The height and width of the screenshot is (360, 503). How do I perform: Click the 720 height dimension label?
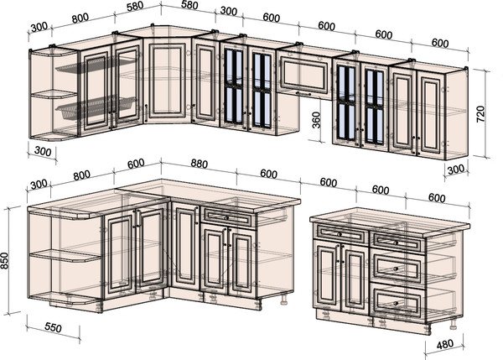[x=480, y=113]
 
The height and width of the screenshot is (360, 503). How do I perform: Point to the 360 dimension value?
[x=316, y=120]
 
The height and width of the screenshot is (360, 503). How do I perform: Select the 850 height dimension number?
[x=5, y=261]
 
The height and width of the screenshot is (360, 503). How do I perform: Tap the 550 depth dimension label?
[x=53, y=327]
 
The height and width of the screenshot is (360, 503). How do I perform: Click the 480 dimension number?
[x=445, y=344]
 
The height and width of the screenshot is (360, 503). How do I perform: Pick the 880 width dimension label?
[x=199, y=164]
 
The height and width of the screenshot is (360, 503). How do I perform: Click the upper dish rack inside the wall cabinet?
[x=96, y=65]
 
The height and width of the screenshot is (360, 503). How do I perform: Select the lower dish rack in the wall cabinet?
[x=96, y=107]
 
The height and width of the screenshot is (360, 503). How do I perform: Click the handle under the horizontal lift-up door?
[x=303, y=93]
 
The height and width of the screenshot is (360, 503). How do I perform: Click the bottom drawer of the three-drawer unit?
[x=397, y=302]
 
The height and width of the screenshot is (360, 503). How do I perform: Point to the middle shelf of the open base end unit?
[x=65, y=256]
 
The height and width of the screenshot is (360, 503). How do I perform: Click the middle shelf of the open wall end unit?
[x=54, y=94]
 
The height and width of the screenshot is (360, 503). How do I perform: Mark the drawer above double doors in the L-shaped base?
[x=228, y=217]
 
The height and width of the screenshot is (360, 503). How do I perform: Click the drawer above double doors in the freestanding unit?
[x=341, y=234]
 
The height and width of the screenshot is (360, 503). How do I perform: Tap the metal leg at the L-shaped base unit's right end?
[x=284, y=299]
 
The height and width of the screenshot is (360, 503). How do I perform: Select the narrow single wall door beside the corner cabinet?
[x=205, y=83]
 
